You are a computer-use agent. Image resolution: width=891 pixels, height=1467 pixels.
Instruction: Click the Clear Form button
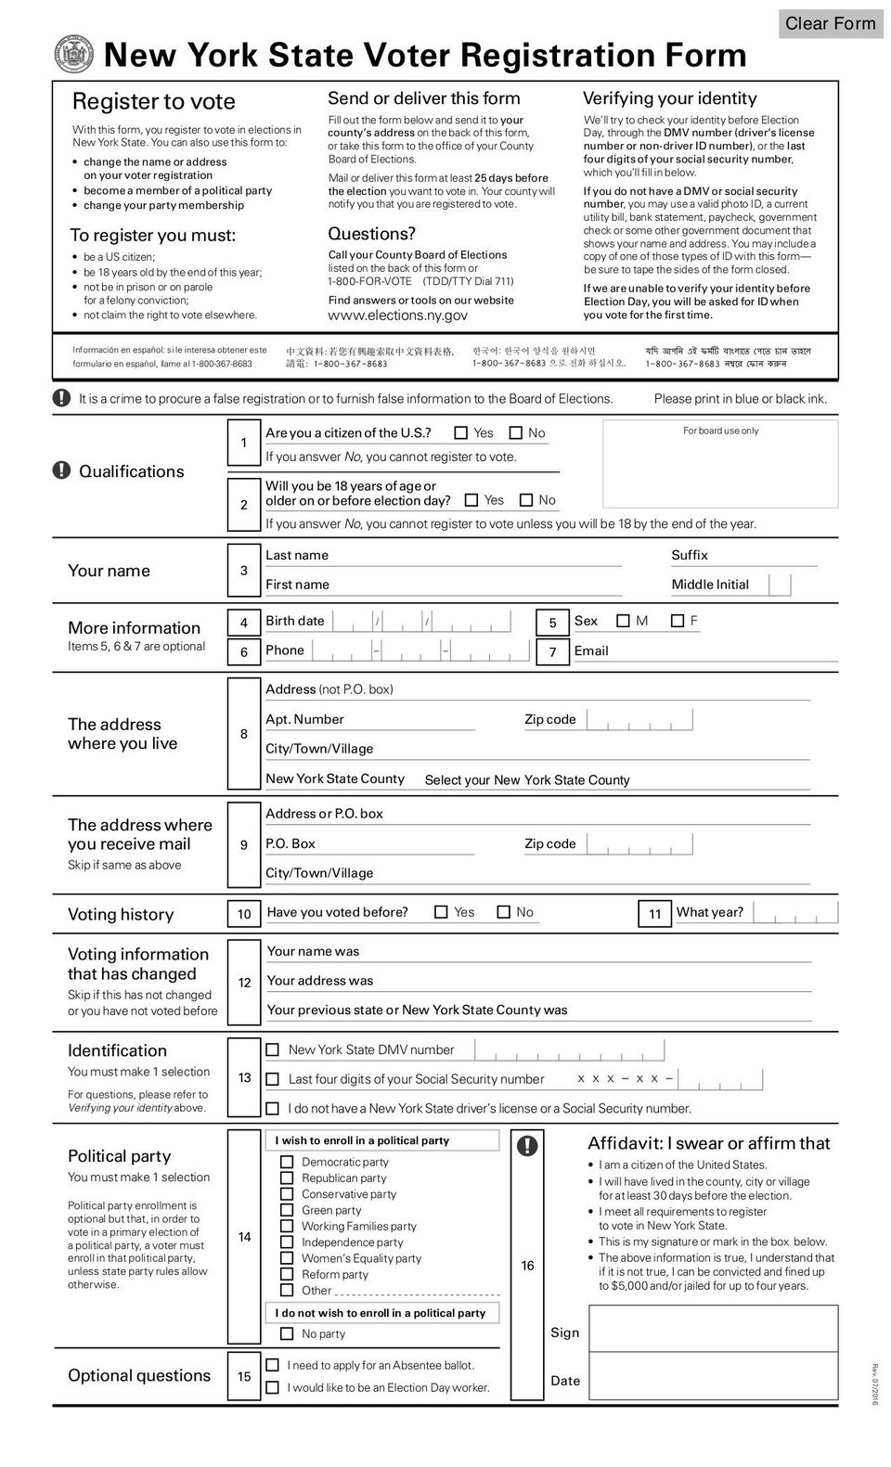[830, 23]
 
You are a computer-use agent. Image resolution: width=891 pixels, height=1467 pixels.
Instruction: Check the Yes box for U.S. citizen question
[461, 432]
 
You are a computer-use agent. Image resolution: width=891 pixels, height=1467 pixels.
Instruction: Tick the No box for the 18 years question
[526, 500]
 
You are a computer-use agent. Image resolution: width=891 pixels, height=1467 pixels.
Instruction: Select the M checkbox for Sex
[623, 621]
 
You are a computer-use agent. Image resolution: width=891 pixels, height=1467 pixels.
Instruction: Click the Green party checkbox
[287, 1210]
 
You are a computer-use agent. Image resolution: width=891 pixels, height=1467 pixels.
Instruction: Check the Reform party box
[287, 1274]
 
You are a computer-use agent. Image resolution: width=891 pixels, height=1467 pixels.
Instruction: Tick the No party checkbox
[287, 1333]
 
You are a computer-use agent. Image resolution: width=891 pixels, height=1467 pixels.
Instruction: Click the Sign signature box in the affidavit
[713, 1329]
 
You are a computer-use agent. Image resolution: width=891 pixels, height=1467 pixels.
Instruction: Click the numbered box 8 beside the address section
[244, 734]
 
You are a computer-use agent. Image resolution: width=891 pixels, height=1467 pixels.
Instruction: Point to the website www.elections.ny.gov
[397, 315]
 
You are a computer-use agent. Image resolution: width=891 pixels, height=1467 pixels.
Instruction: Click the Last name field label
[297, 555]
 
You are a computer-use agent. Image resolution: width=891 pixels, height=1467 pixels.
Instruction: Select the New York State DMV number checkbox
[272, 1049]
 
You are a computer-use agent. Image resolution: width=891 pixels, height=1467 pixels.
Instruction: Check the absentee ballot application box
[272, 1365]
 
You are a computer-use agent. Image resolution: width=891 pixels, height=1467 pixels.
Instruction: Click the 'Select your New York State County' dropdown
[526, 780]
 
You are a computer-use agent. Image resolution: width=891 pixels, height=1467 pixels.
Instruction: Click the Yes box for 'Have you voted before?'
[441, 912]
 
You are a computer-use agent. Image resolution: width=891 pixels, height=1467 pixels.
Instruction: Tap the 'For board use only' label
[720, 431]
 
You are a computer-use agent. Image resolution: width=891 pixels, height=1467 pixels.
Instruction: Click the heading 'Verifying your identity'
[669, 98]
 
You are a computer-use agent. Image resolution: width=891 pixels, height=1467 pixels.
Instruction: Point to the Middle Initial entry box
[781, 585]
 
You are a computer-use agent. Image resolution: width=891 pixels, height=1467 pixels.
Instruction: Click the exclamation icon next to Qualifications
[61, 470]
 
